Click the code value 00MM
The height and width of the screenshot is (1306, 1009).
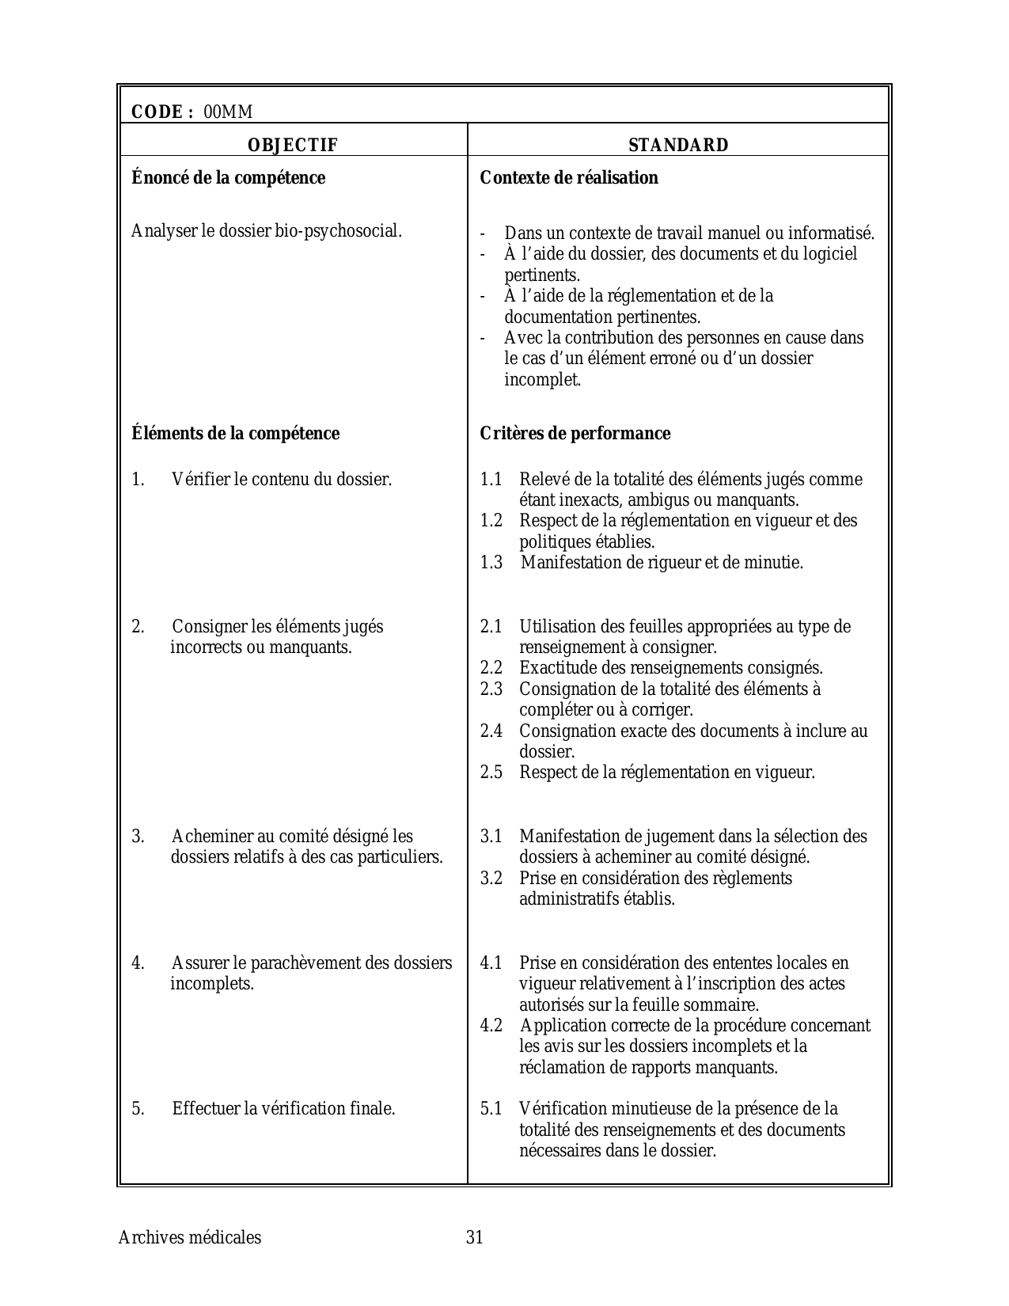pos(228,112)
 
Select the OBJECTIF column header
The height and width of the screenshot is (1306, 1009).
pos(292,146)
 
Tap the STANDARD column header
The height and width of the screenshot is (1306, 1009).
pos(678,146)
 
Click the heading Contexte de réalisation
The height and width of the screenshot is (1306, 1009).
pos(569,178)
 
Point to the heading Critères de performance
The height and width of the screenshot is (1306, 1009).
pos(575,434)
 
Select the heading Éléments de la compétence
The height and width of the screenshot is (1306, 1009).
pos(235,434)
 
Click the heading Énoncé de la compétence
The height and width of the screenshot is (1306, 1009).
pos(228,178)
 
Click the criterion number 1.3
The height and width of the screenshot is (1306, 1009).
pos(491,563)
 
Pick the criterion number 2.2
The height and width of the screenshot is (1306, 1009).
pos(491,668)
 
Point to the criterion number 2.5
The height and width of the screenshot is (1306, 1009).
pos(491,773)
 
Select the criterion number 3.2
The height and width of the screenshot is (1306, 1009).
pos(491,879)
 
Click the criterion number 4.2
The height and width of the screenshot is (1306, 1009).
pos(491,1026)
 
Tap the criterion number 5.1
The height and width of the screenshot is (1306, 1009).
pos(491,1109)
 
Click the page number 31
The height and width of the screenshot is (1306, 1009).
pos(474,1238)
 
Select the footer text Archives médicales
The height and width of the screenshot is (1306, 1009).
pos(189,1238)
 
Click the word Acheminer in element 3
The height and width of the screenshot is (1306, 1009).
pos(208,837)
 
